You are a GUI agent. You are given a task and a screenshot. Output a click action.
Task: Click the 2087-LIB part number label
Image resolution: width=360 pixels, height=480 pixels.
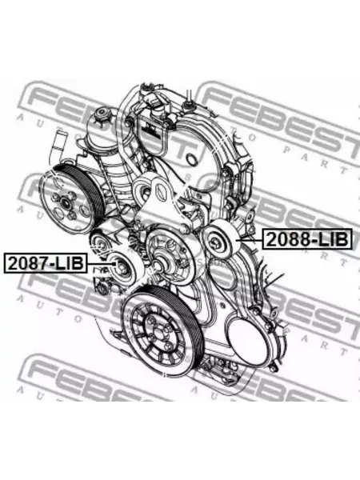click(46, 263)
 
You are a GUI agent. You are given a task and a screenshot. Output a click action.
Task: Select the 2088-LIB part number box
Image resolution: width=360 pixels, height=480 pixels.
click(306, 239)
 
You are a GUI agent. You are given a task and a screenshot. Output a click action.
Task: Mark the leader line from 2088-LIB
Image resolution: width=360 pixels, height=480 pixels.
click(250, 240)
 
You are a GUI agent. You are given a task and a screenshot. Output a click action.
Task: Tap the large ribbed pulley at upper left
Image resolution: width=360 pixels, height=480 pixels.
click(72, 199)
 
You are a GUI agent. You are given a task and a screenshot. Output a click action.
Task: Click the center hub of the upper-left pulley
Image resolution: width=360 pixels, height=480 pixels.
click(66, 202)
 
